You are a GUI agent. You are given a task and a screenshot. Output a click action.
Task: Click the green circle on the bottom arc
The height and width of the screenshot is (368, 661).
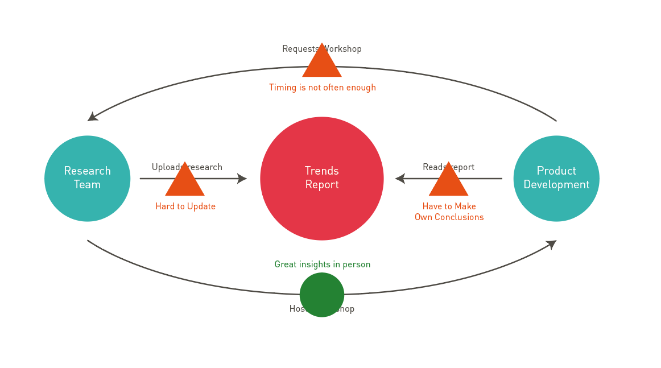pos(322,295)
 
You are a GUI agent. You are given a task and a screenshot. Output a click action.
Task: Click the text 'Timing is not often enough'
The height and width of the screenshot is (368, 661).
pos(323,88)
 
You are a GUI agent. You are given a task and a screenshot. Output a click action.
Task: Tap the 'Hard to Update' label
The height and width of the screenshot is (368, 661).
pos(185,206)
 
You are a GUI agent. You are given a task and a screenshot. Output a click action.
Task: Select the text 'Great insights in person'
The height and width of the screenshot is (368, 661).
pos(323,264)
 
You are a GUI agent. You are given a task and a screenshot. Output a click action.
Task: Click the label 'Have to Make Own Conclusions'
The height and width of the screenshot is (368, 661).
pos(449,212)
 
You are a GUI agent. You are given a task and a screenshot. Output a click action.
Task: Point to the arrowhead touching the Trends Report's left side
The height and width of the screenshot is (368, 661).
pos(242,179)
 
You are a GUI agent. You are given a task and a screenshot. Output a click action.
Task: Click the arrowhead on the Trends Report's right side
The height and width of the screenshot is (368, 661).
pos(400,179)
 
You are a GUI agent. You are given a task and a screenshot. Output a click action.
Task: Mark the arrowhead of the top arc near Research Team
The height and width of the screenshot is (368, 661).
pos(92,117)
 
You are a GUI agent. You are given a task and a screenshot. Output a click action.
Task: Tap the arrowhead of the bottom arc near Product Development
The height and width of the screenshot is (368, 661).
pos(551,244)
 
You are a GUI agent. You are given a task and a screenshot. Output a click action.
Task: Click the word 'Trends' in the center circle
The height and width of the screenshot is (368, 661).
pos(321,171)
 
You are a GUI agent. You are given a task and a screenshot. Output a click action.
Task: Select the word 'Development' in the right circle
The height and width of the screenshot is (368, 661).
pos(556,185)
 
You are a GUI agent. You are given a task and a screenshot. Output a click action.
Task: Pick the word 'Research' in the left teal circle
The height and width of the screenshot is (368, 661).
pos(87,171)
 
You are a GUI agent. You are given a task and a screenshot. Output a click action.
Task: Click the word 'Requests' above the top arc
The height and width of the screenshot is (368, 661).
pos(299,49)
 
